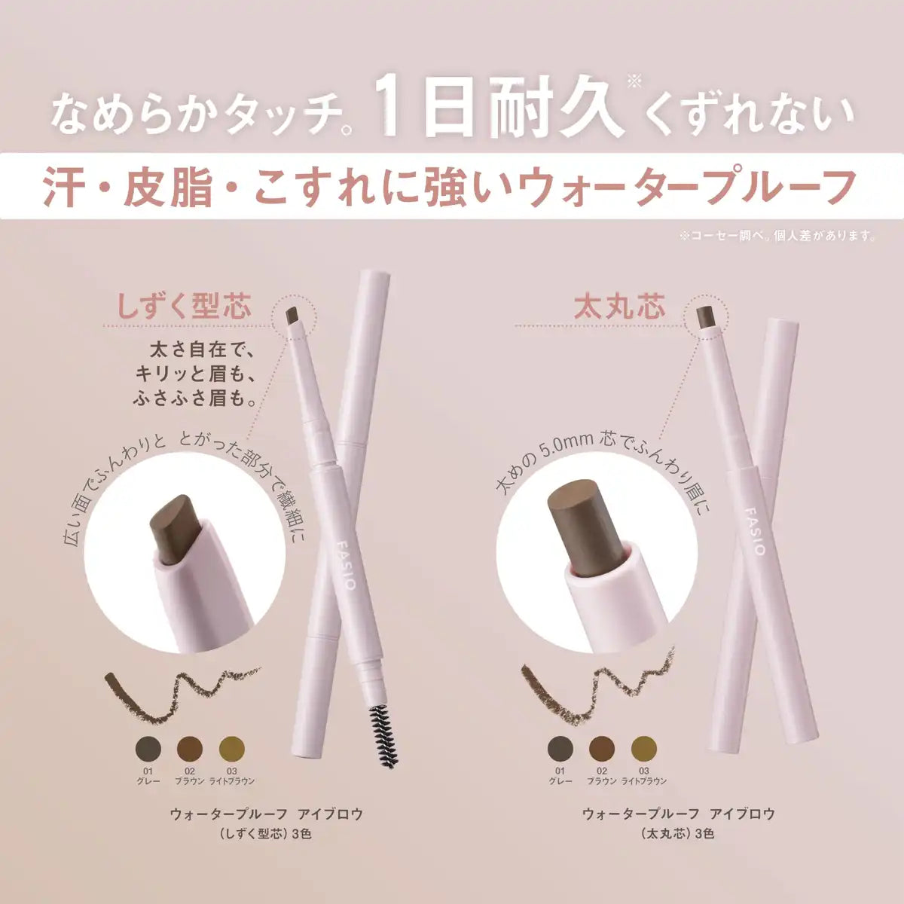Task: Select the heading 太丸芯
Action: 619,307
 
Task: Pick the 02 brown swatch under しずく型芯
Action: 190,749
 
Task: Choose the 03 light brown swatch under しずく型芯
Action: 231,749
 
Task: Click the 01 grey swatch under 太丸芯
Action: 559,749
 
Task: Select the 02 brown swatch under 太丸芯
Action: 601,749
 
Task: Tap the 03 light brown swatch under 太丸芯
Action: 643,749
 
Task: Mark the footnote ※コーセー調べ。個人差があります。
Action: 777,236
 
